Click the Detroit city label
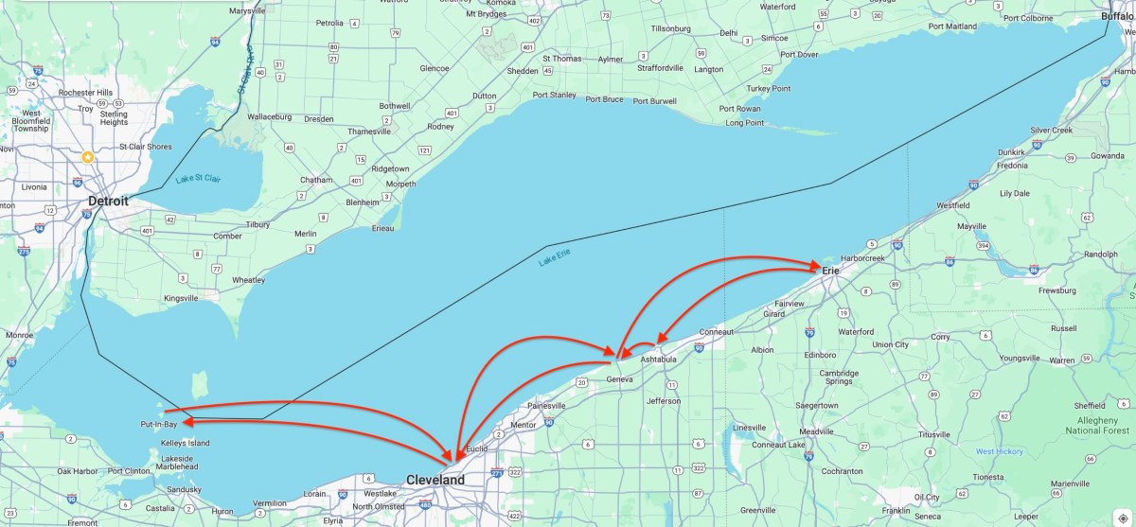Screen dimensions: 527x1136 tap(107, 202)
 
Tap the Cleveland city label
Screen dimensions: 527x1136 tap(435, 480)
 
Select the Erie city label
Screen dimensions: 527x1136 tap(830, 271)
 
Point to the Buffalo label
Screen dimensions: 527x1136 tap(1117, 17)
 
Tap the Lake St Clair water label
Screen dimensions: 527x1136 tap(197, 178)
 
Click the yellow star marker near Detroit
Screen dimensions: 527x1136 tap(88, 157)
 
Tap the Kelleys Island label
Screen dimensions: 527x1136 tap(185, 443)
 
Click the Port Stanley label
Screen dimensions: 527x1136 tap(554, 95)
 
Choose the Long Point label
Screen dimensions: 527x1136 tap(744, 123)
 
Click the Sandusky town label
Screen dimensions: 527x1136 tap(183, 489)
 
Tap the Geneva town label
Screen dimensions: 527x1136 tap(618, 378)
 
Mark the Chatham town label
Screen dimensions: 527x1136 tap(316, 180)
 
